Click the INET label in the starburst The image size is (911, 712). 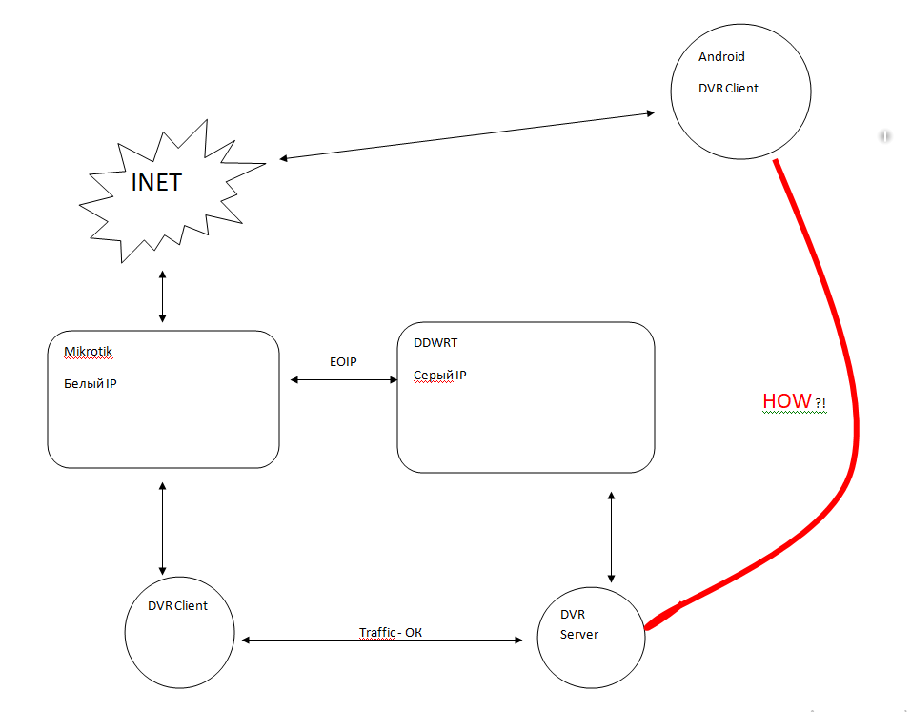point(156,182)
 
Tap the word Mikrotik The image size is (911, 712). point(88,352)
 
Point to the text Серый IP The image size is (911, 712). point(439,376)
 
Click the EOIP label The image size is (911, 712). point(342,361)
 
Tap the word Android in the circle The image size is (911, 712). point(721,57)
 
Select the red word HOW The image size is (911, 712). point(786,401)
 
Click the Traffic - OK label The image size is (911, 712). point(390,632)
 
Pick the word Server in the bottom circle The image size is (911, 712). point(578,634)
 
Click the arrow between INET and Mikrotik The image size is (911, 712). point(163,295)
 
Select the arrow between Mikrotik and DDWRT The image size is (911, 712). point(342,380)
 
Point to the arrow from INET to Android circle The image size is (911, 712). point(467,135)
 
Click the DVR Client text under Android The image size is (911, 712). point(728,89)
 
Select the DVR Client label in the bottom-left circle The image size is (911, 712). point(177,605)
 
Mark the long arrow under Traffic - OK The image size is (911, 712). point(381,641)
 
